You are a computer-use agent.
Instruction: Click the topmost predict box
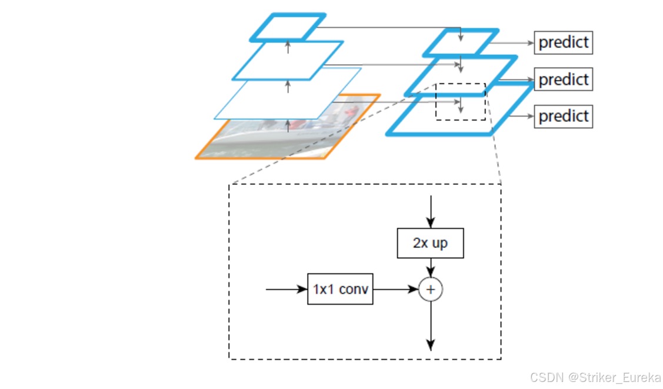[563, 42]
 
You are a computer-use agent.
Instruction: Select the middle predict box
[563, 79]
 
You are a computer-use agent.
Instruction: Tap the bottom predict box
[563, 116]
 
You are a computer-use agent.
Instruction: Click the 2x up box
[430, 243]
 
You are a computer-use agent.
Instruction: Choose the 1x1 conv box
[340, 290]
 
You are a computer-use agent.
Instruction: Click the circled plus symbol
[430, 290]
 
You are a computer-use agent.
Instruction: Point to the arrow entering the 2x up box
[430, 212]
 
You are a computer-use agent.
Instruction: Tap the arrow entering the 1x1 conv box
[287, 290]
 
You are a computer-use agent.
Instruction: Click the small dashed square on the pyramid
[460, 102]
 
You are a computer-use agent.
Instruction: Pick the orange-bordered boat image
[276, 141]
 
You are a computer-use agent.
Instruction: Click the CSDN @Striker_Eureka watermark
[595, 377]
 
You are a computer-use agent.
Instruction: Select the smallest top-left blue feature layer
[288, 27]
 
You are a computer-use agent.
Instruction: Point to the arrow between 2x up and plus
[430, 268]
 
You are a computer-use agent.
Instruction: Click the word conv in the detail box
[354, 290]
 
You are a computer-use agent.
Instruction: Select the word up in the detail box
[439, 243]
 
